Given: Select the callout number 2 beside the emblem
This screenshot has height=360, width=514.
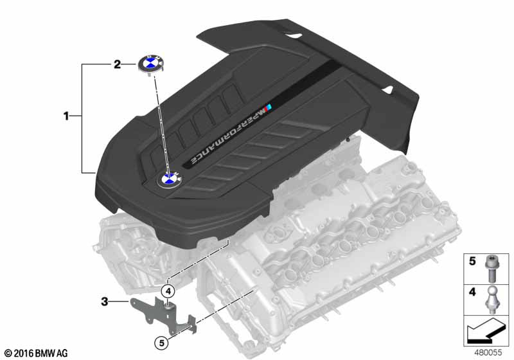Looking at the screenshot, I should pos(117,64).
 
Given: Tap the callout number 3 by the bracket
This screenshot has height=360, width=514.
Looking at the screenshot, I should pos(105,300).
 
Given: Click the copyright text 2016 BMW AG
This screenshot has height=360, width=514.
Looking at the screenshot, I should pos(35,353).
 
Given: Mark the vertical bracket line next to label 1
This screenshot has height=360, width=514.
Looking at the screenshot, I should pos(82,118).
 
